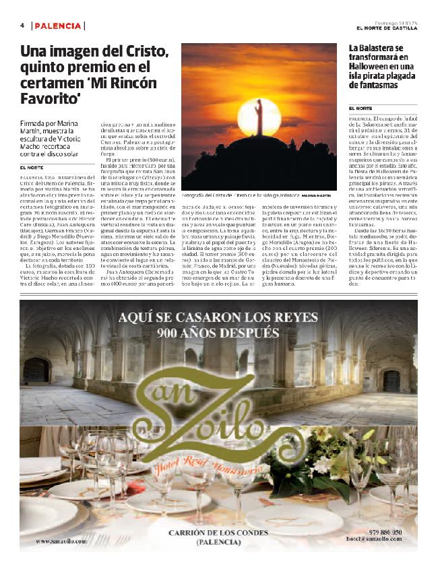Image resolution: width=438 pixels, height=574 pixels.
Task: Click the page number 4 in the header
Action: [x=22, y=26]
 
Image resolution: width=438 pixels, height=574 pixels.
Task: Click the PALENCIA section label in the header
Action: [x=59, y=26]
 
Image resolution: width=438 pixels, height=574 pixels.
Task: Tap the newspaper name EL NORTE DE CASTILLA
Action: [x=387, y=28]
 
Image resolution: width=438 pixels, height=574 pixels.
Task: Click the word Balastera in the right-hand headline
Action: [x=379, y=48]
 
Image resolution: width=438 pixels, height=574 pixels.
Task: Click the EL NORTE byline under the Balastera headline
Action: [x=361, y=108]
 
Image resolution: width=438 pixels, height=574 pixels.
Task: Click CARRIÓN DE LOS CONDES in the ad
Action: [x=220, y=532]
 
